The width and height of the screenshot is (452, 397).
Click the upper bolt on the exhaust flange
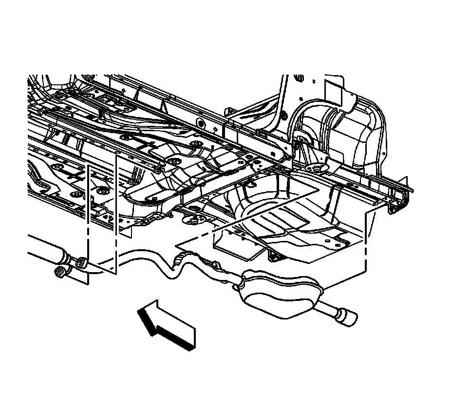81,262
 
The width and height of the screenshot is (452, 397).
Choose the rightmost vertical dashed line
365,244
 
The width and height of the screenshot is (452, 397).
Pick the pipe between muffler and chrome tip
327,309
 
